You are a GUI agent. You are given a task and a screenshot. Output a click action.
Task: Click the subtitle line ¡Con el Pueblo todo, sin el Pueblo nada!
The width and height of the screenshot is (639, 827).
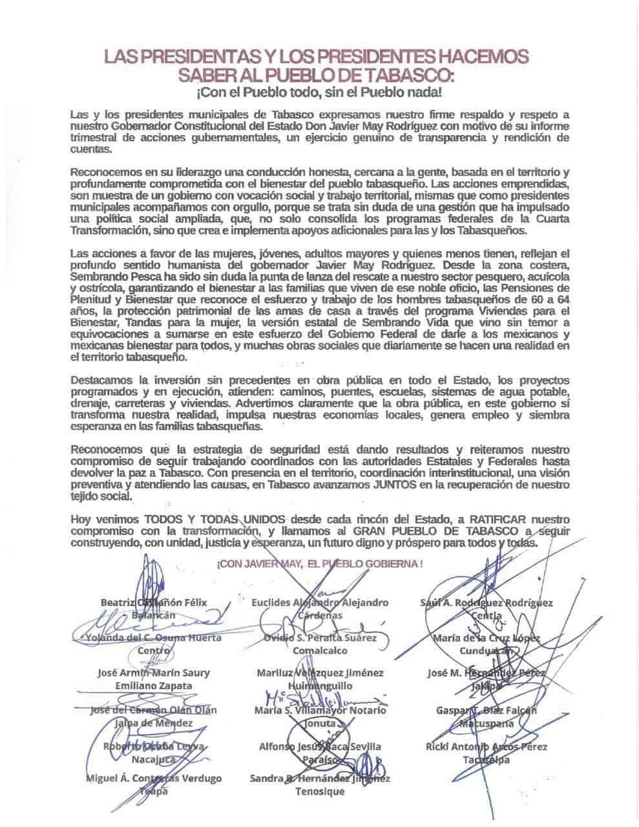(320, 92)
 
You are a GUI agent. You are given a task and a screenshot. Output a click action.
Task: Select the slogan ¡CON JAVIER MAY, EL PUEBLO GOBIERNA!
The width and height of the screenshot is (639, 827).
(320, 563)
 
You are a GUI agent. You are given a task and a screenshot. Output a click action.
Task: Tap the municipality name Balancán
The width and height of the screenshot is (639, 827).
(154, 615)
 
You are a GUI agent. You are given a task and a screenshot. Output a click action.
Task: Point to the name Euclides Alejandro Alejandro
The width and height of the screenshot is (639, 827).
(320, 603)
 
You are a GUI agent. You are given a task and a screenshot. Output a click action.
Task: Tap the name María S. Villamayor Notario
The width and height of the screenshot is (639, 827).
(320, 711)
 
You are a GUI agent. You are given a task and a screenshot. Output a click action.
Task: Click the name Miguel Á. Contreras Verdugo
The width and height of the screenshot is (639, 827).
(154, 779)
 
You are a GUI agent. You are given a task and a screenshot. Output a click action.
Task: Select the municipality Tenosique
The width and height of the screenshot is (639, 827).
(320, 791)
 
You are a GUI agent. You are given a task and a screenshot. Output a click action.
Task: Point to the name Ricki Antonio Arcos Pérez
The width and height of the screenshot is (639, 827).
(487, 747)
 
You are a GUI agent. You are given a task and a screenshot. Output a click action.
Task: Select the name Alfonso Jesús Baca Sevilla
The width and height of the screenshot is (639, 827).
(320, 747)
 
